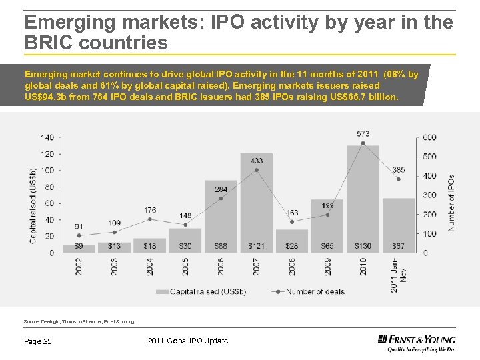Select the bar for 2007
click(256, 203)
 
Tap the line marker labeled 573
click(363, 143)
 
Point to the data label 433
click(256, 160)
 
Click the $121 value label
click(256, 247)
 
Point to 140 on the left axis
click(47, 137)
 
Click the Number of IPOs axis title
click(451, 203)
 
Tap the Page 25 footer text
click(38, 341)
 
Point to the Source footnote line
click(79, 321)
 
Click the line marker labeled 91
click(79, 235)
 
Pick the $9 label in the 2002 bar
click(79, 247)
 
